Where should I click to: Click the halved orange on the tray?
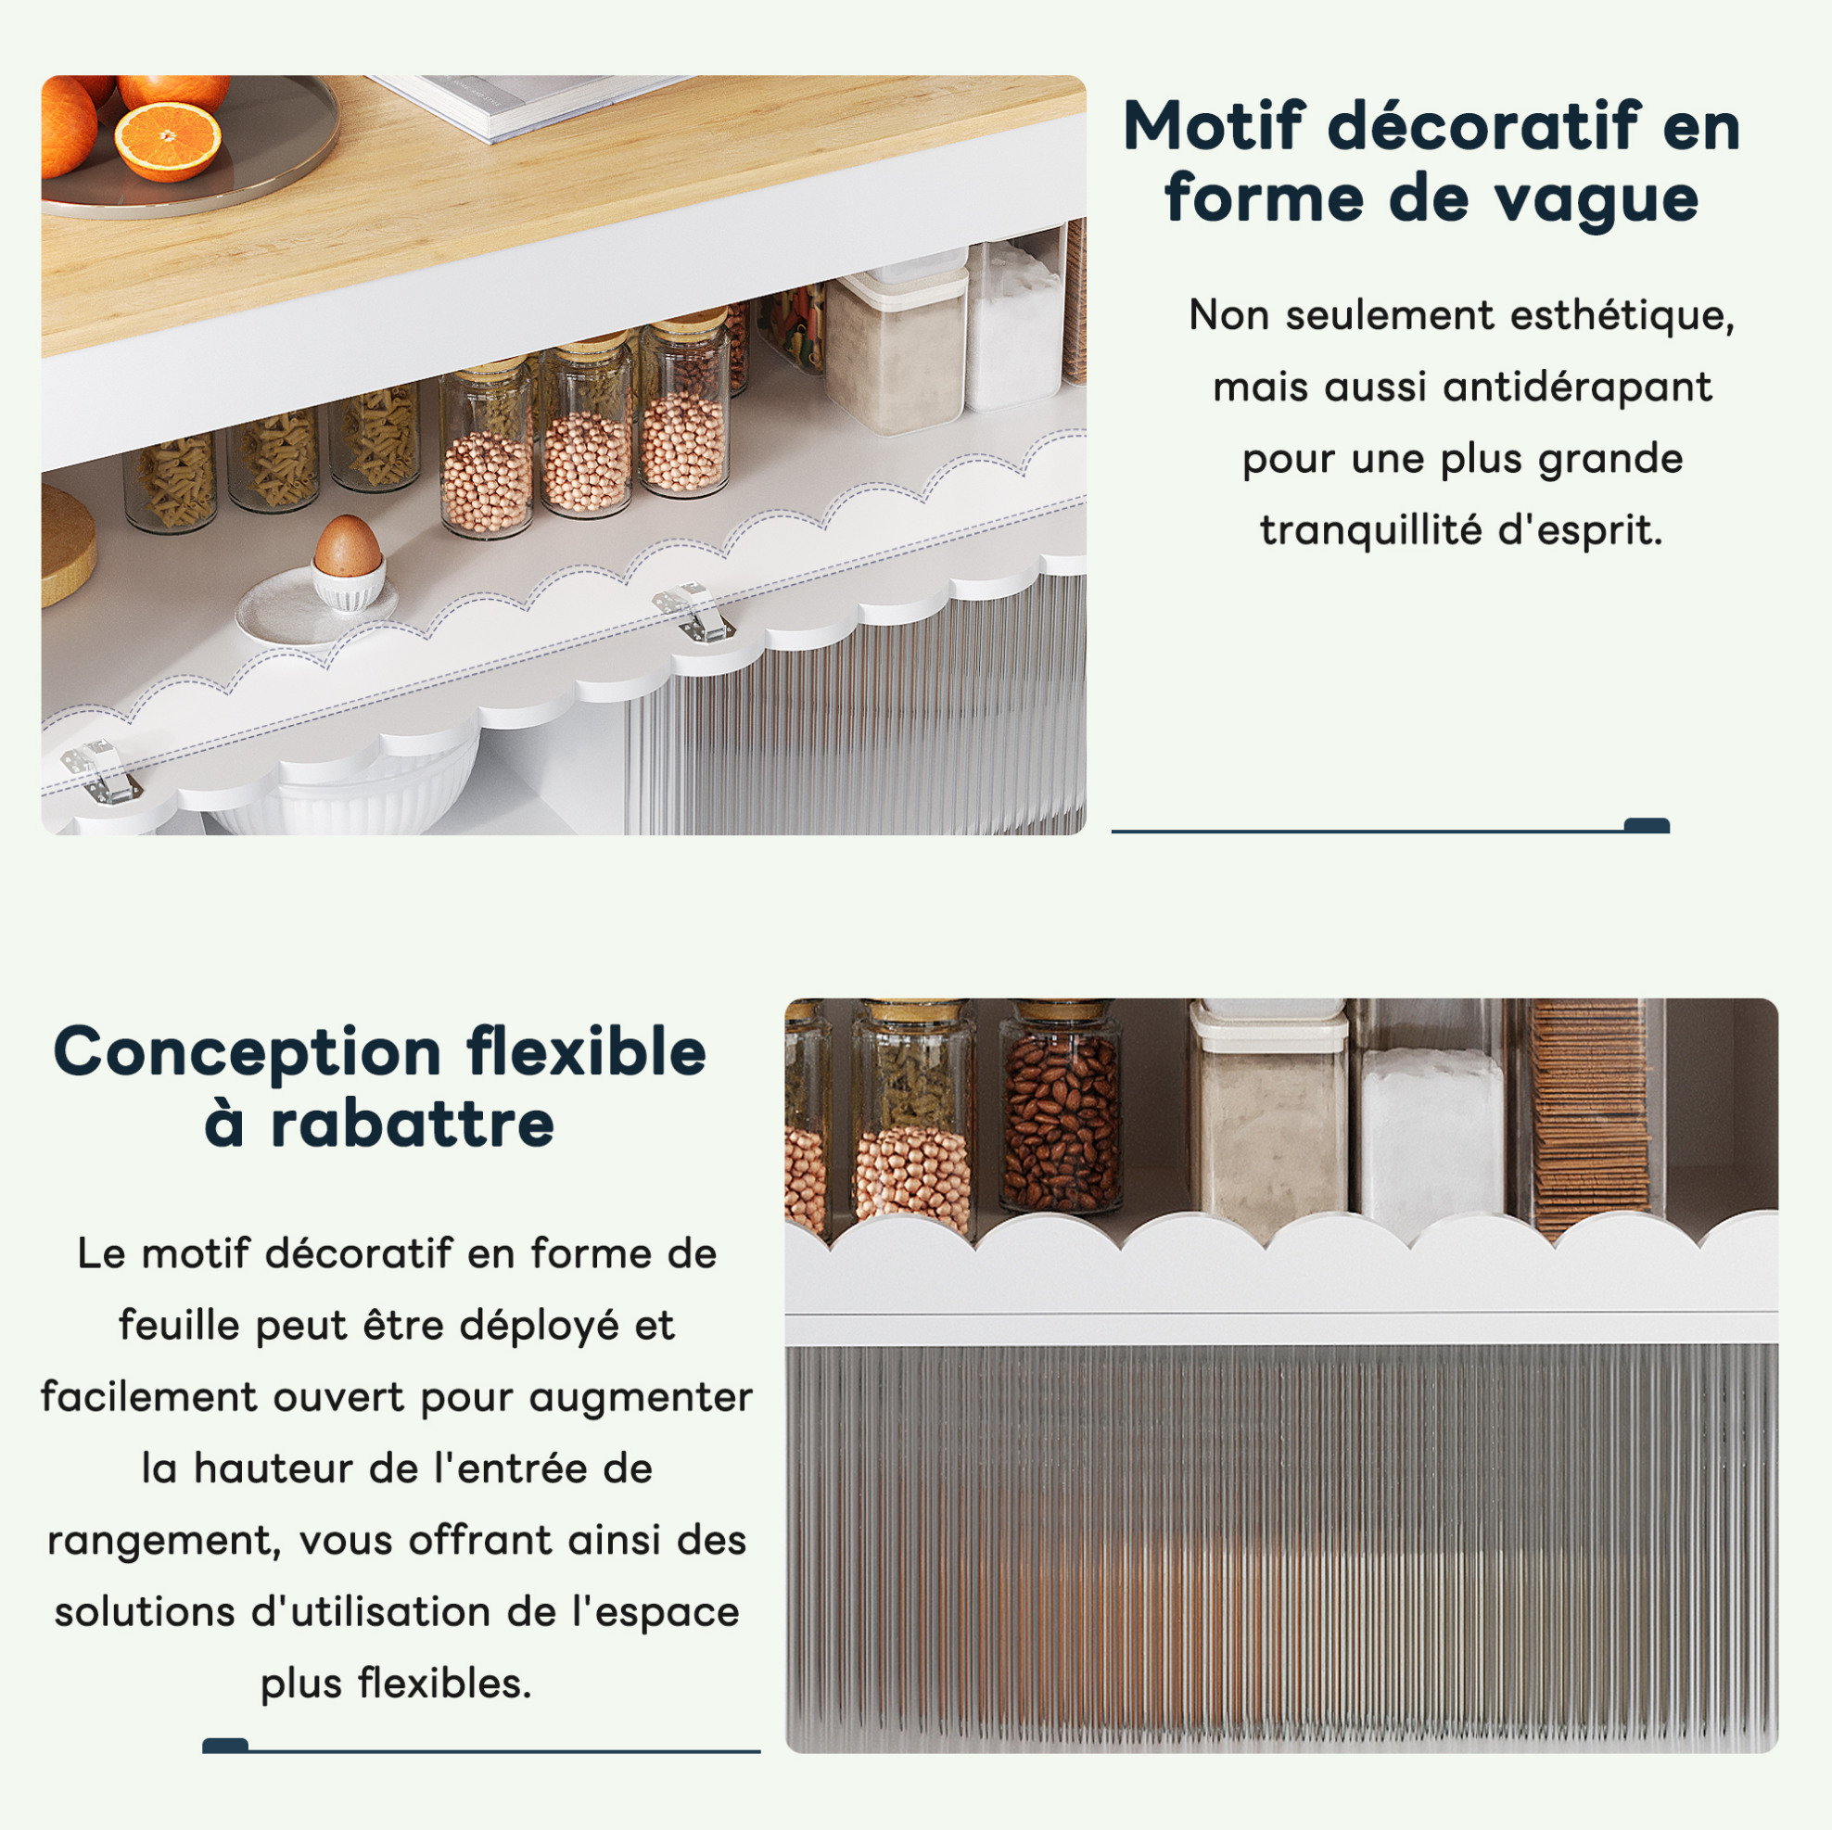tap(168, 141)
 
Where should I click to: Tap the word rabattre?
tap(412, 1125)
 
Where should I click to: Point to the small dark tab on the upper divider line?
tap(1648, 825)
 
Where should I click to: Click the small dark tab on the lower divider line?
tap(225, 1746)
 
